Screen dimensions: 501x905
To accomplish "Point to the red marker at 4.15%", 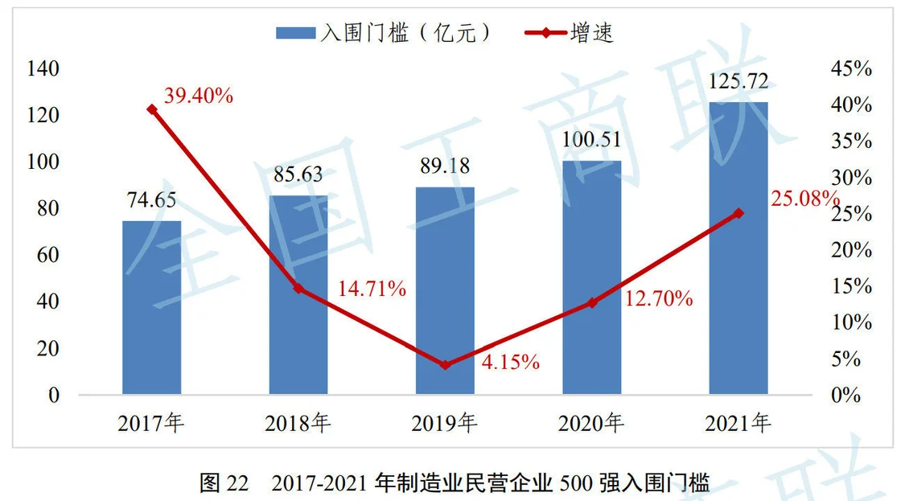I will pyautogui.click(x=445, y=365).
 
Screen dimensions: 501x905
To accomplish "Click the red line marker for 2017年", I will pyautogui.click(x=152, y=109).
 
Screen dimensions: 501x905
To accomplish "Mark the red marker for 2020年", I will pyautogui.click(x=591, y=303).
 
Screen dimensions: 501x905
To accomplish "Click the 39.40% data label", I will pyautogui.click(x=199, y=97).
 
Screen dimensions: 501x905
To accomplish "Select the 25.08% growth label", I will pyautogui.click(x=804, y=199).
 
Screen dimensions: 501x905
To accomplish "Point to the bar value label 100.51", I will pyautogui.click(x=591, y=140).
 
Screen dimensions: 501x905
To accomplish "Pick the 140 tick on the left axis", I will pyautogui.click(x=44, y=68).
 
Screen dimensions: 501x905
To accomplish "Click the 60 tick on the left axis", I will pyautogui.click(x=49, y=255).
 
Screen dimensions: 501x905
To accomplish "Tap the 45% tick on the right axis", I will pyautogui.click(x=851, y=68).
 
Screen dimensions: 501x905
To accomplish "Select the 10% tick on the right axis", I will pyautogui.click(x=851, y=322).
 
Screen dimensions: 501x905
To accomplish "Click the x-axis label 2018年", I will pyautogui.click(x=298, y=422).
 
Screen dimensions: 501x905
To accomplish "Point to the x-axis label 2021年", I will pyautogui.click(x=738, y=422).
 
